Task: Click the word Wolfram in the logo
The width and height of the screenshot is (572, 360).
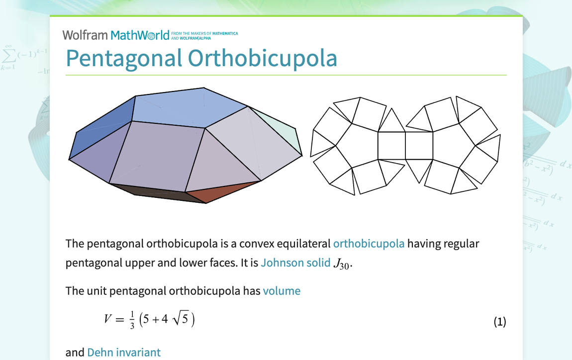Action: click(85, 35)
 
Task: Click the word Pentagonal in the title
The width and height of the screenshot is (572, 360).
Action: click(124, 58)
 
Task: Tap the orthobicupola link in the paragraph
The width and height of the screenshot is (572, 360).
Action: click(369, 244)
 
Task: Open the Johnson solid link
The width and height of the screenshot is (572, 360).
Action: click(295, 263)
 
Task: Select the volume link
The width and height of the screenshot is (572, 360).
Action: click(282, 291)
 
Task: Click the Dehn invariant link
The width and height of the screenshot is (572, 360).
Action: click(124, 353)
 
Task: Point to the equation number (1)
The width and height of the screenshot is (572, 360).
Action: click(499, 322)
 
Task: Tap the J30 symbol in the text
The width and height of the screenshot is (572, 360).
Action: click(343, 264)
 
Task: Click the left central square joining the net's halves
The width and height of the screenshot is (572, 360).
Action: click(391, 145)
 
